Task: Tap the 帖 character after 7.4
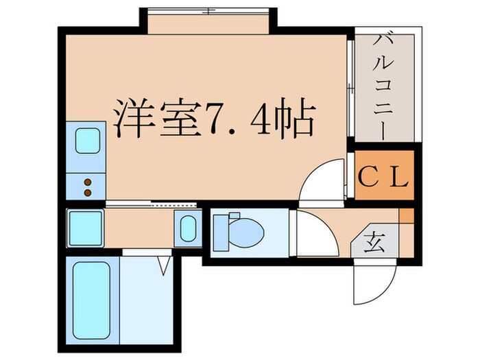coord(296,121)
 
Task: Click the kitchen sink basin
coord(87,141)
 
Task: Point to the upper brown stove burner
coord(87,182)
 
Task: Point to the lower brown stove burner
coord(87,193)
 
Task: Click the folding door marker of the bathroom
coord(164,264)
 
